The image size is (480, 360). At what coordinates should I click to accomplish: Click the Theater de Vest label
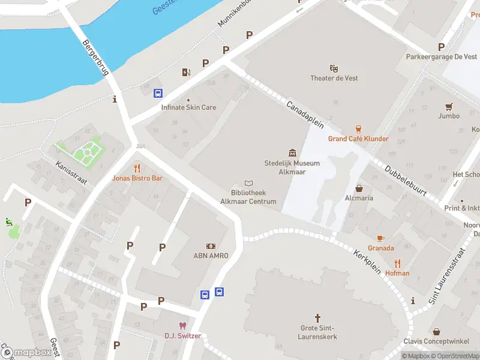pos(334,79)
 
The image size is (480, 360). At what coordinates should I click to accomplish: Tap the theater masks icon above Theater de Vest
pos(334,68)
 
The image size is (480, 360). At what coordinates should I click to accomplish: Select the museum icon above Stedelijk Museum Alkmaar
pos(292,153)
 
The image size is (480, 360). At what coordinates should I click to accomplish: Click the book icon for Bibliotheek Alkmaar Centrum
pos(249,183)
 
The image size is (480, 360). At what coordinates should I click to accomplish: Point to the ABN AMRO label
pos(211,256)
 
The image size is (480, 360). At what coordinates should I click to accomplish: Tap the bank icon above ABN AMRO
pos(211,246)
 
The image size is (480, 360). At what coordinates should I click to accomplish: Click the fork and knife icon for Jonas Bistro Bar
pos(137,168)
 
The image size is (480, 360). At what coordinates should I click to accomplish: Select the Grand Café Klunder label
pos(358,139)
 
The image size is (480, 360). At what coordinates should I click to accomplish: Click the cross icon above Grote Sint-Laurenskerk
pos(318,317)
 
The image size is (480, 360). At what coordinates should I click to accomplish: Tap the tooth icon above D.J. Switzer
pos(183,326)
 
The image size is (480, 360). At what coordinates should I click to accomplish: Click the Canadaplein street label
pos(305,115)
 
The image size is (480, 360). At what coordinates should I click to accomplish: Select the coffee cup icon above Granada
pos(380,238)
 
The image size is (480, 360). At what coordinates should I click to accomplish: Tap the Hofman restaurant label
pos(397,273)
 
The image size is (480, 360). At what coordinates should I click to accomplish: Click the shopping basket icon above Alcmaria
pos(359,188)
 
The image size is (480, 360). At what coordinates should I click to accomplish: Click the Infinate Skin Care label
pos(188,107)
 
